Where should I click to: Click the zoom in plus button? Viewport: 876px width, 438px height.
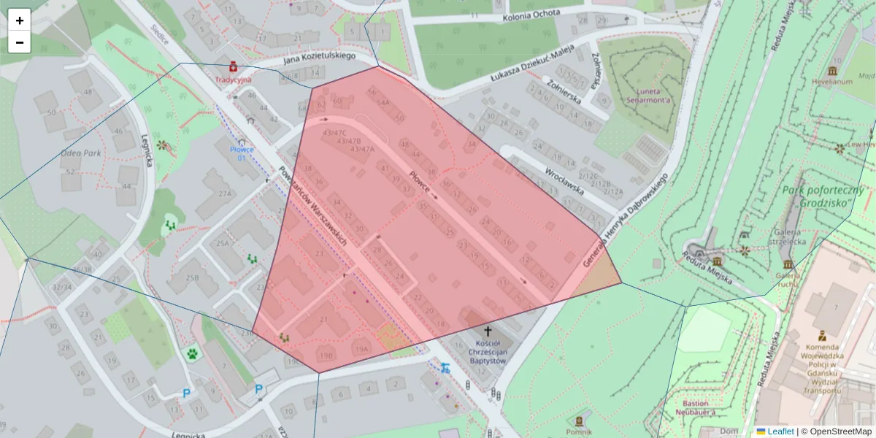20,20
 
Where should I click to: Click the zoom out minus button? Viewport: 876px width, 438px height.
20,42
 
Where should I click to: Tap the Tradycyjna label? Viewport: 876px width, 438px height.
233,79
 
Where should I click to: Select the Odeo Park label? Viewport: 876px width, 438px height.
80,153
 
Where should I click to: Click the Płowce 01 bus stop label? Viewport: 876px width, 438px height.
242,152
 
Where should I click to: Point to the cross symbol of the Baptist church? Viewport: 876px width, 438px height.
487,330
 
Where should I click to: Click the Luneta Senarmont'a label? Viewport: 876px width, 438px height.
650,99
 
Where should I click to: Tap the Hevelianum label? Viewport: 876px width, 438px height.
831,82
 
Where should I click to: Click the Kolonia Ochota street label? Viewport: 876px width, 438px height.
531,14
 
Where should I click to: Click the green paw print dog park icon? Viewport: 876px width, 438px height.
192,353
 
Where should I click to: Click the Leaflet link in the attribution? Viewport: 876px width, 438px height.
780,431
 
